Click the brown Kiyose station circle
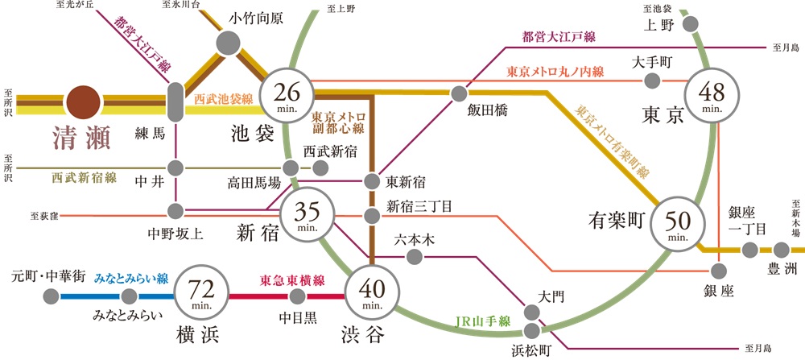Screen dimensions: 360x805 coord(85,103)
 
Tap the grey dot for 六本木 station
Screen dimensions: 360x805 coord(415,257)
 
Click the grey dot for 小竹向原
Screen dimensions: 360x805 coord(227,41)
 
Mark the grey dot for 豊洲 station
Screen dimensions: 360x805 coord(780,250)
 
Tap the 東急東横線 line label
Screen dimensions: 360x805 coord(292,280)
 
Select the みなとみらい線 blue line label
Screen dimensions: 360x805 coord(130,279)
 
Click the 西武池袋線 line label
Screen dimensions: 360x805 coord(224,98)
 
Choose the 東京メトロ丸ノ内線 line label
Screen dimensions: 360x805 coord(555,72)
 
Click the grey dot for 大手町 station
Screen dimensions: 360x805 coord(654,81)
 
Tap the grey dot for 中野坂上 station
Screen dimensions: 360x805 coord(176,211)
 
